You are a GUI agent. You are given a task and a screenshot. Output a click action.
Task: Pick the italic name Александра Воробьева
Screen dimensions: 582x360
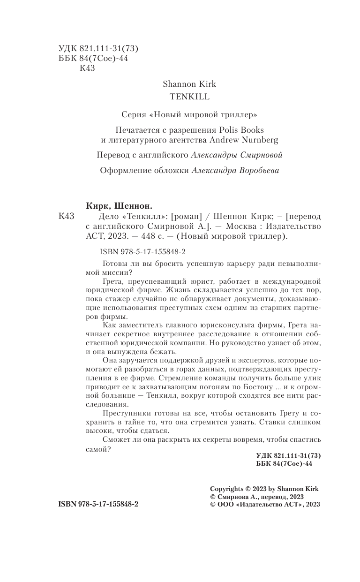(x=235, y=171)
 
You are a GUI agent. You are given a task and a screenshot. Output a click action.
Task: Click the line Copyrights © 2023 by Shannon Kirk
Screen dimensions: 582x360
(x=264, y=488)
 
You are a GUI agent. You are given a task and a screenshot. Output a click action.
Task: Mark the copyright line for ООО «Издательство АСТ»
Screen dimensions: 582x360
(x=265, y=504)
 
